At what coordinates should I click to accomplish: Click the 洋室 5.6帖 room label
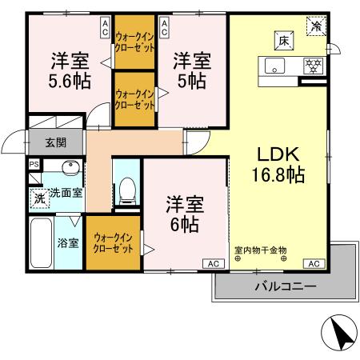tap(70, 70)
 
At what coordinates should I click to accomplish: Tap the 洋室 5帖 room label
tap(192, 70)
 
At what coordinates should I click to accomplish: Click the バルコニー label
tap(286, 286)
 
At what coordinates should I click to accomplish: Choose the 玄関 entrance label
tap(55, 143)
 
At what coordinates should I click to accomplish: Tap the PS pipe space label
tap(34, 165)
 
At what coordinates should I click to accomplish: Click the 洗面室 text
tap(66, 192)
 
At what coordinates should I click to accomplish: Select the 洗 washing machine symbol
tap(38, 198)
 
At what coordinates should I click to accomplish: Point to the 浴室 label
tap(68, 242)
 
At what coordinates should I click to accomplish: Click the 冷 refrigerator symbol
tap(318, 26)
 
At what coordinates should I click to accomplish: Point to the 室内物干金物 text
tap(260, 250)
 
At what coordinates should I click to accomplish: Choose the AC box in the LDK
tap(314, 263)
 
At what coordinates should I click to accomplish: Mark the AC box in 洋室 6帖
tap(213, 263)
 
